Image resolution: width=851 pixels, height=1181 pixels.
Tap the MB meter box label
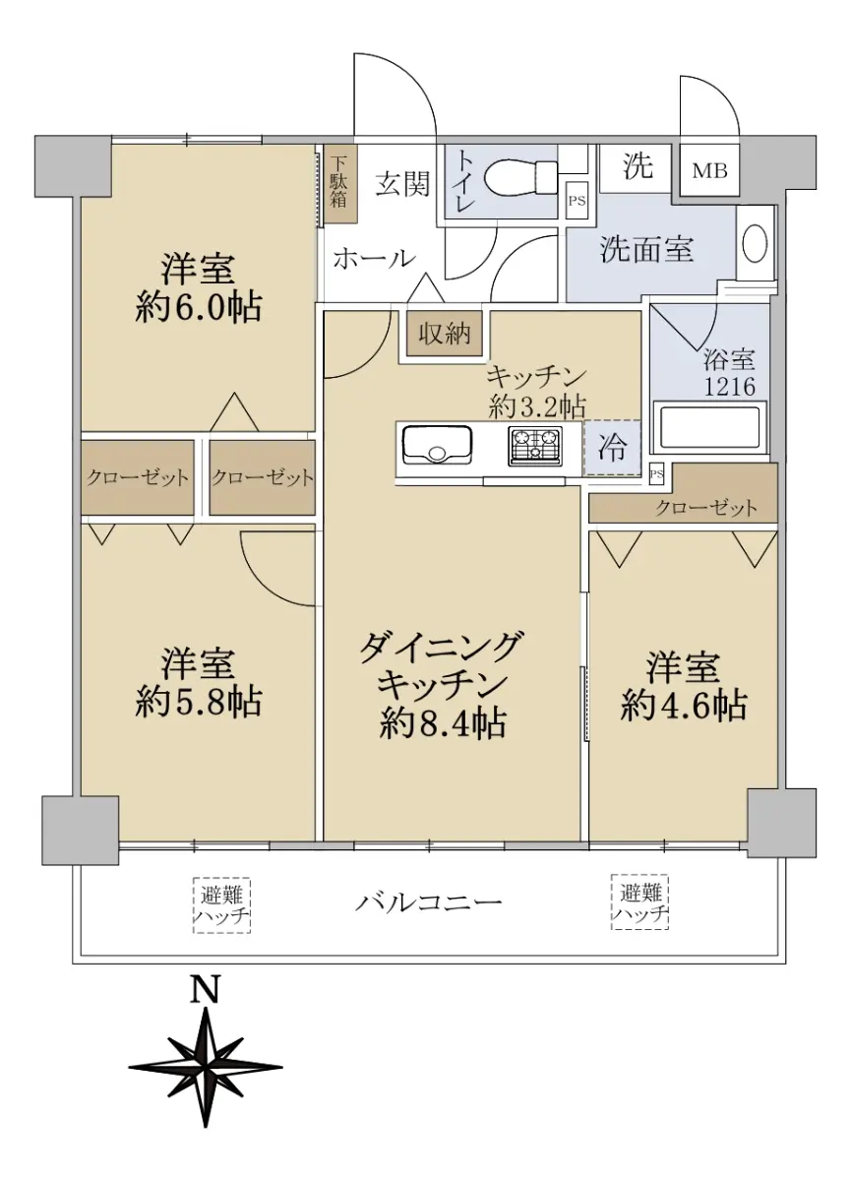pyautogui.click(x=709, y=171)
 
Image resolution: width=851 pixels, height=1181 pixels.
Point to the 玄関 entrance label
pyautogui.click(x=402, y=183)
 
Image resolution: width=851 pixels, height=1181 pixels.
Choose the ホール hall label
pyautogui.click(x=374, y=258)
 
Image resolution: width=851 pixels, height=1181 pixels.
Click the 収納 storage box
pyautogui.click(x=445, y=334)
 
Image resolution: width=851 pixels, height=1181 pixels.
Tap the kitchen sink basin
pyautogui.click(x=437, y=445)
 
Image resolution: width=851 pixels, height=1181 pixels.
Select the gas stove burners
pyautogui.click(x=535, y=447)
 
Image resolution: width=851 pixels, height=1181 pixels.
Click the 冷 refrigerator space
pyautogui.click(x=612, y=448)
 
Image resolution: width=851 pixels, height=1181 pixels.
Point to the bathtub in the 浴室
pyautogui.click(x=709, y=427)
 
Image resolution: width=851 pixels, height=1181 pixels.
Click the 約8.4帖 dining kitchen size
pyautogui.click(x=443, y=723)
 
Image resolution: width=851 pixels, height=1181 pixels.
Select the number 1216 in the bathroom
pyautogui.click(x=729, y=387)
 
